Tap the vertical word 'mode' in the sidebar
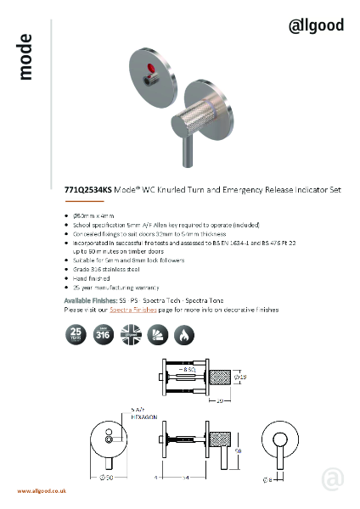pyautogui.click(x=25, y=58)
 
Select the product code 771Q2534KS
pyautogui.click(x=87, y=191)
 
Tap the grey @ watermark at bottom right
pyautogui.click(x=332, y=479)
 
